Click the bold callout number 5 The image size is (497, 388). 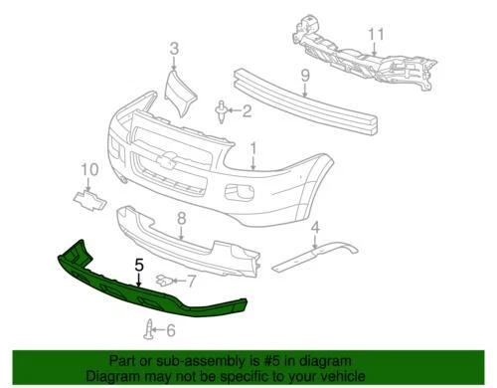click(x=139, y=266)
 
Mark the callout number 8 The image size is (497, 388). click(x=181, y=218)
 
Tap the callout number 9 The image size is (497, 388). click(x=305, y=73)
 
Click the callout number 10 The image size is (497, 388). click(x=90, y=170)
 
